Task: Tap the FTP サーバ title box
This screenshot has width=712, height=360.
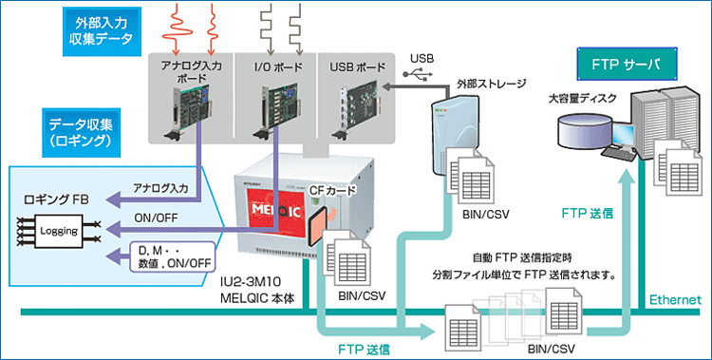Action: click(628, 66)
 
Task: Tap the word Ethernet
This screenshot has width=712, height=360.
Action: click(674, 301)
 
